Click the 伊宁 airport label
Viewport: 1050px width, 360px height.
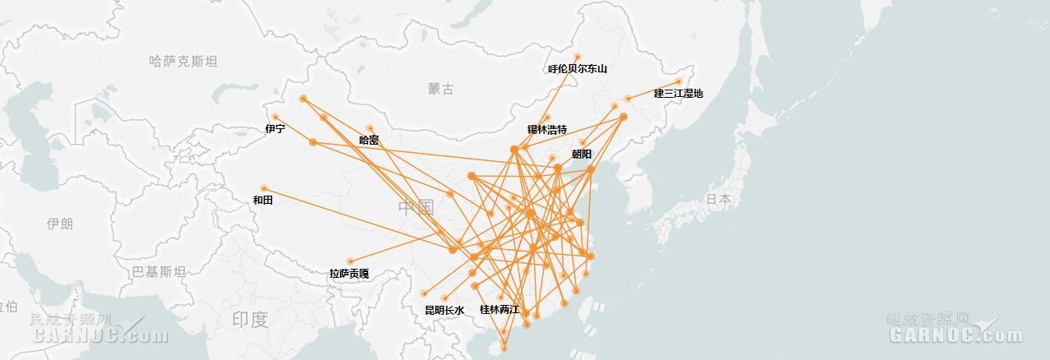point(275,129)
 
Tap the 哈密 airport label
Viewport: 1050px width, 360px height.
point(369,140)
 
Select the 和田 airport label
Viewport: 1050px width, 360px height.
point(263,200)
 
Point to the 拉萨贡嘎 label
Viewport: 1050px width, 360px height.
point(349,273)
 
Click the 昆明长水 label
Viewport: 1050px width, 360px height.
point(444,310)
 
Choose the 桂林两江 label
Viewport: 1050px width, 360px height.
point(500,310)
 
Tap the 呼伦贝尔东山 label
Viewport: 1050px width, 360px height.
point(578,69)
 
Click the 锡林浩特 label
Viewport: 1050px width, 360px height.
point(547,130)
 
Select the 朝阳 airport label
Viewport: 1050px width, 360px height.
point(582,154)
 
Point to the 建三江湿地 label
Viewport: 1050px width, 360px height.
point(679,93)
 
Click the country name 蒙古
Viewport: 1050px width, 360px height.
point(440,89)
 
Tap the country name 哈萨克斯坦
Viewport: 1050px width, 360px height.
point(184,61)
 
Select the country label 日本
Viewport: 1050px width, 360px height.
point(718,199)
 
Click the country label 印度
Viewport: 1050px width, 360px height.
point(250,319)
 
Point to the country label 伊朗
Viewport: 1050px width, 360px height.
point(60,224)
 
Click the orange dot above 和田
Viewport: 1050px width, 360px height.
point(264,188)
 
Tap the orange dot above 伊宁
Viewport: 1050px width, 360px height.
point(275,117)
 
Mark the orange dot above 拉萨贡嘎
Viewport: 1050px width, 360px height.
point(349,261)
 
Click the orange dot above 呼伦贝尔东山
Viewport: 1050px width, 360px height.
point(578,57)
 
